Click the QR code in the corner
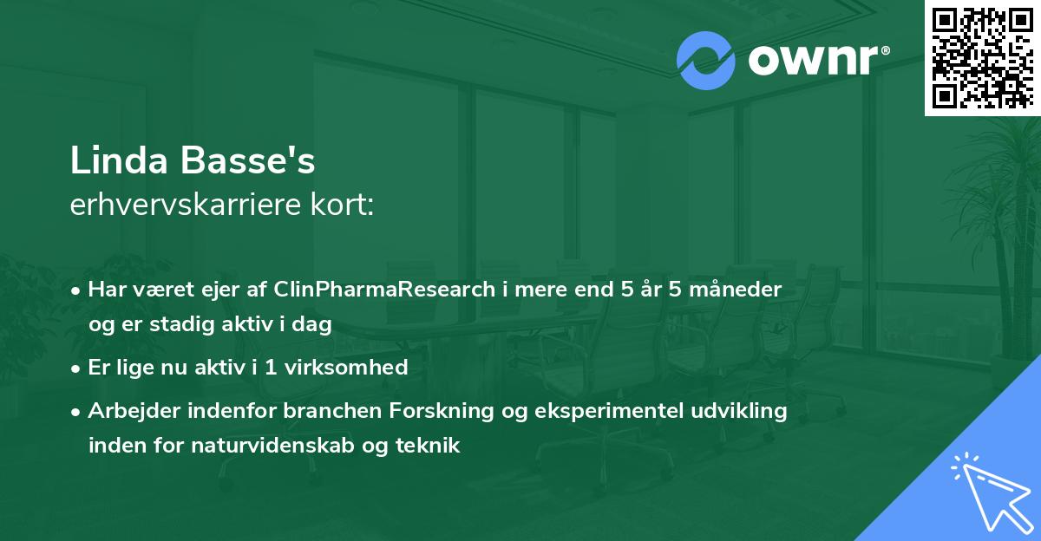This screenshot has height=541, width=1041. (x=981, y=57)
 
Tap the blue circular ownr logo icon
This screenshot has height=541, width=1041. (x=705, y=61)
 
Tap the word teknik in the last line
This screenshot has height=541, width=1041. (x=430, y=446)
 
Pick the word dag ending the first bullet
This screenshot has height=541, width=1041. (x=316, y=325)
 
